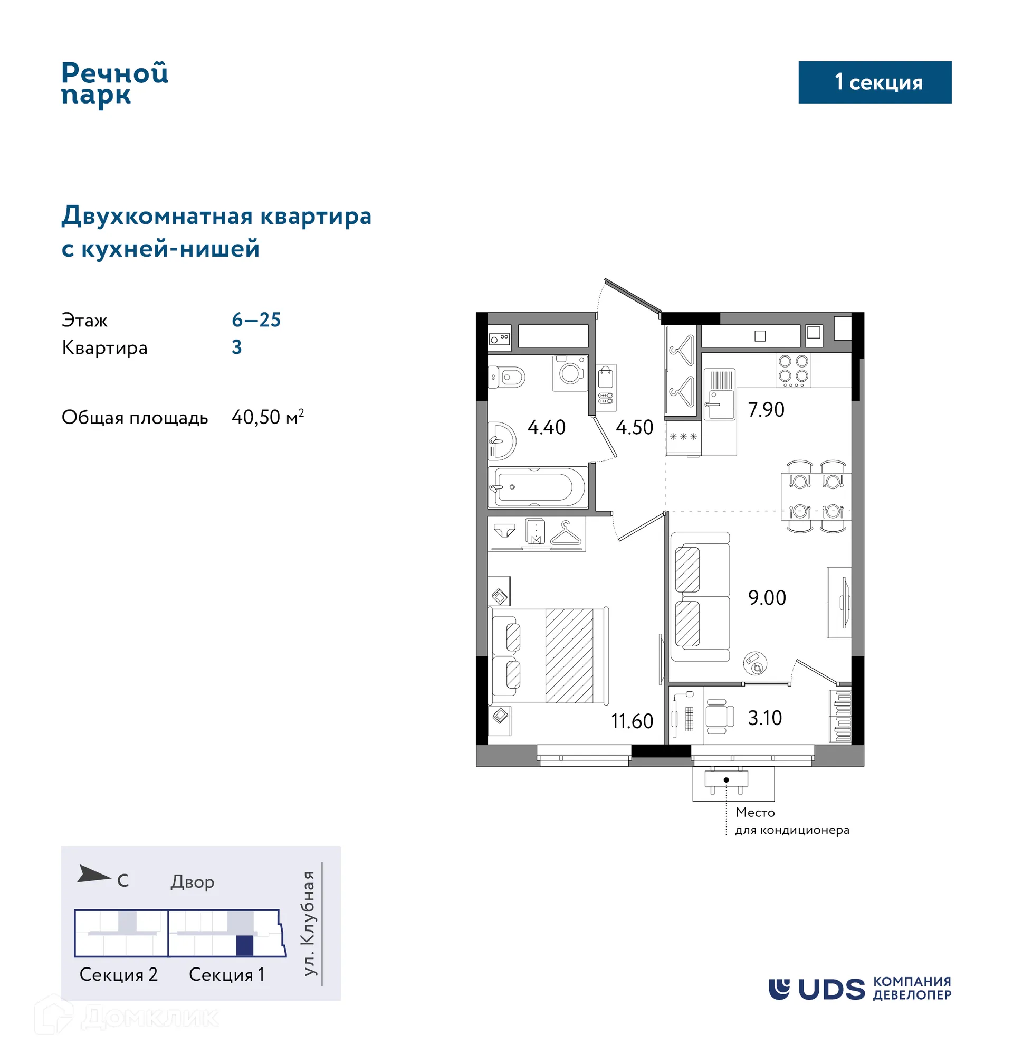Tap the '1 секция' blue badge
coord(874,82)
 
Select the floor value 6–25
coord(256,320)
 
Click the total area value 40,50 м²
coord(267,417)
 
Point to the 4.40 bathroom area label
coord(546,428)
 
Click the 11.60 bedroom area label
coord(632,721)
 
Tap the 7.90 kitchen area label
coord(766,410)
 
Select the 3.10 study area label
coord(764,718)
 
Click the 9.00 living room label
coord(767,598)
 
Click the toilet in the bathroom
coord(508,377)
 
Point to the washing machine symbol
coord(570,373)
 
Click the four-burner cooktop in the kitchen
coord(792,369)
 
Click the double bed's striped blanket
coord(569,655)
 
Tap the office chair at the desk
coord(718,716)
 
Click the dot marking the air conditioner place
coord(726,780)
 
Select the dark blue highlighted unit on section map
coord(245,946)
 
